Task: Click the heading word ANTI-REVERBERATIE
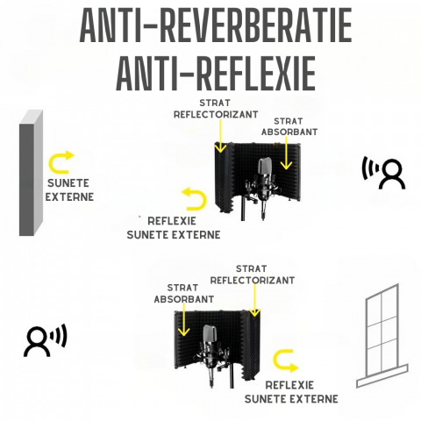(216, 25)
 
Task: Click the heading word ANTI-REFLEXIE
(216, 73)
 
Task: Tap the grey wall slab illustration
(31, 173)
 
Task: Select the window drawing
(382, 336)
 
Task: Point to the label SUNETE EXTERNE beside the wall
(69, 190)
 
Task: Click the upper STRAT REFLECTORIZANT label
(216, 109)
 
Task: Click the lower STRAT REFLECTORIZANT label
(253, 275)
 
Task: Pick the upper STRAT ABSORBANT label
(289, 126)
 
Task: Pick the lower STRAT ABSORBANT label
(184, 294)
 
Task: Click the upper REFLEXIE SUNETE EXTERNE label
(174, 228)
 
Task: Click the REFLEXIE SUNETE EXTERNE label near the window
(291, 392)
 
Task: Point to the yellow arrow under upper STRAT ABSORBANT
(286, 153)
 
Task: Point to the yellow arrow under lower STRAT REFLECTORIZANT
(254, 300)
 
